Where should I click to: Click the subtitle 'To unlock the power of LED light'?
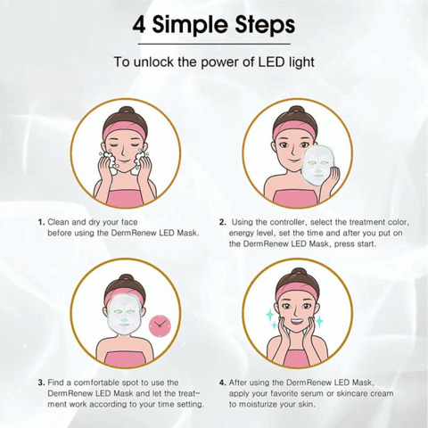(213, 63)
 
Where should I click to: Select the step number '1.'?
(41, 222)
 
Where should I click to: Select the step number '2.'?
(222, 222)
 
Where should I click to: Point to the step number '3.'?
(41, 383)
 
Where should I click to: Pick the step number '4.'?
(222, 383)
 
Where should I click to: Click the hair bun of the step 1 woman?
(124, 113)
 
